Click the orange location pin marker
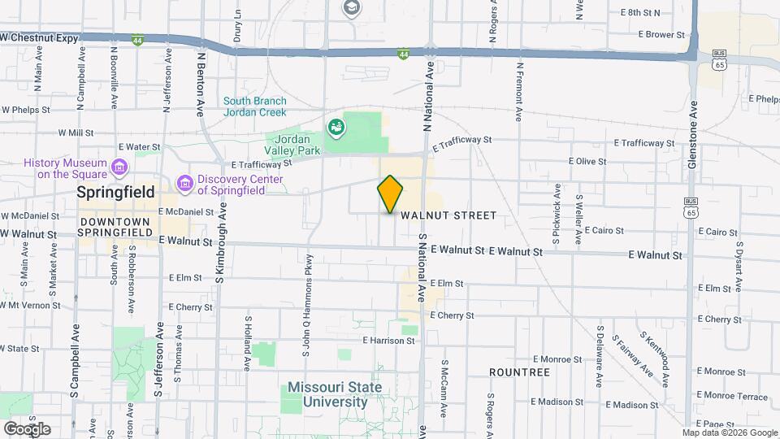[x=390, y=194]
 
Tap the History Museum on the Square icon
[x=120, y=168]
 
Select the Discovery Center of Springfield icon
[x=184, y=185]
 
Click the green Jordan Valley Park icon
[x=335, y=127]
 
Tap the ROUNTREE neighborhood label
[x=519, y=372]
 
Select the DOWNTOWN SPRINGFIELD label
[x=115, y=227]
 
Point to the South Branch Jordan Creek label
[x=255, y=106]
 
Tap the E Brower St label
[x=661, y=35]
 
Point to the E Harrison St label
[x=389, y=341]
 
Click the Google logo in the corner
[x=26, y=428]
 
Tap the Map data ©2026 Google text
[x=730, y=432]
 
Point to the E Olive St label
[x=587, y=162]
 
